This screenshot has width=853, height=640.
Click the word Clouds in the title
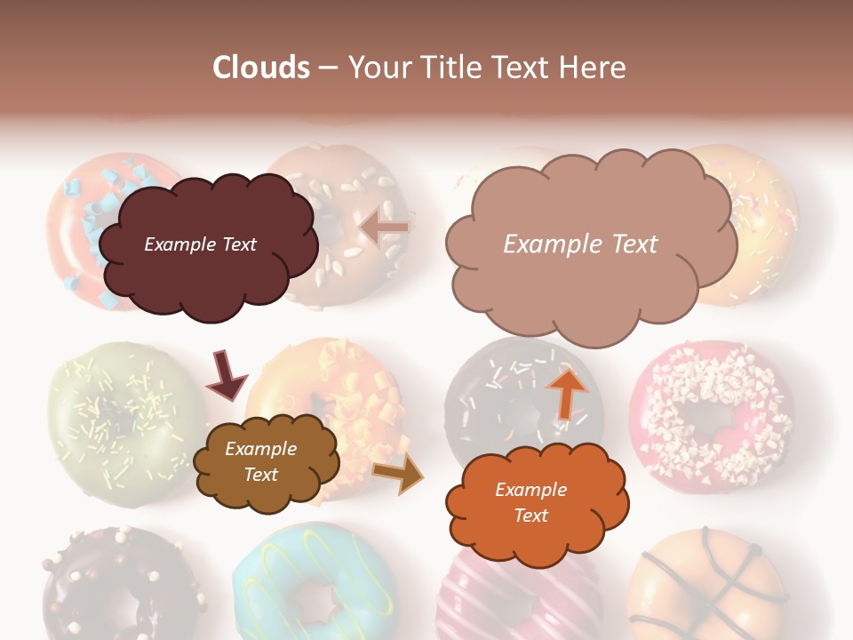[261, 68]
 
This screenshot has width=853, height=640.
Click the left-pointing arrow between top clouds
[385, 228]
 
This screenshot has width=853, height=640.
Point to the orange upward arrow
[565, 393]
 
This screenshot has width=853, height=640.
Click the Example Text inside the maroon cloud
[201, 244]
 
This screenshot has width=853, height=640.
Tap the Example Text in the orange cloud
[531, 503]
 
